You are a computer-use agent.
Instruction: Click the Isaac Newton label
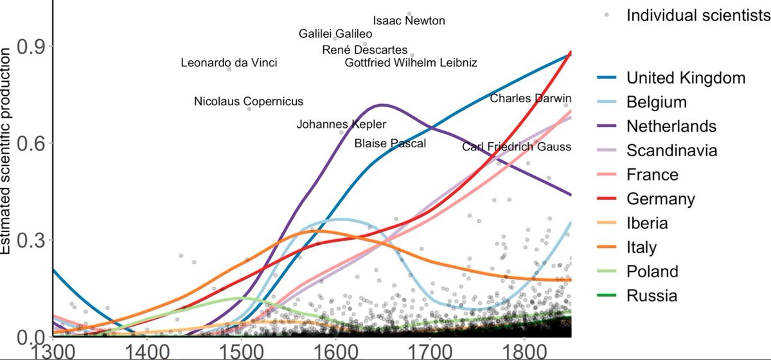pos(409,21)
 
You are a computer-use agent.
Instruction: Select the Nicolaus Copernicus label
pos(249,102)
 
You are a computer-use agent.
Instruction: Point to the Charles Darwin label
pos(530,98)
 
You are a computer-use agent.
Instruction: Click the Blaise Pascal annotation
pos(390,143)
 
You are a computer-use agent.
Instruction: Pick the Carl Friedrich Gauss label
pos(517,147)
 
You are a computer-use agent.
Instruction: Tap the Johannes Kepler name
pos(341,124)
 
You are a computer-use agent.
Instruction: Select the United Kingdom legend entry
pos(686,78)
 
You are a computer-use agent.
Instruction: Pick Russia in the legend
pos(651,296)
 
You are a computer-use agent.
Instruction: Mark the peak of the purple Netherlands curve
pos(382,104)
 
